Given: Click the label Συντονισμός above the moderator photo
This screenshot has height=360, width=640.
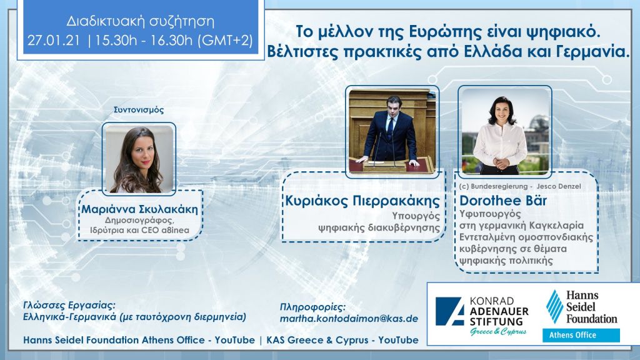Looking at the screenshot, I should (139, 109).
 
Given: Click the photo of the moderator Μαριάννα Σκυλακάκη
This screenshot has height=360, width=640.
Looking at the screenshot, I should (139, 159).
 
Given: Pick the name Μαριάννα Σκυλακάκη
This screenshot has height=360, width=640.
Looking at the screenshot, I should (139, 209).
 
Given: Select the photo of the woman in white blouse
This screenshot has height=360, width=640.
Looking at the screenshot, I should (504, 130).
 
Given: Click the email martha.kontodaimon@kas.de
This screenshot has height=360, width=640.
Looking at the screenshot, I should (349, 319).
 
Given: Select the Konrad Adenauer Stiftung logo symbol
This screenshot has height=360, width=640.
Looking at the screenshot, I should (449, 311).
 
